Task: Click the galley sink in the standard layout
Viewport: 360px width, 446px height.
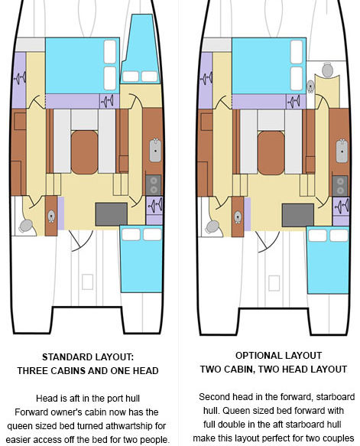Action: [155, 150]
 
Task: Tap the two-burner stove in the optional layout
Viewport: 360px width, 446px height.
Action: [340, 186]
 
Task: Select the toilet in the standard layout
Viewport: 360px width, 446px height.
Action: [26, 226]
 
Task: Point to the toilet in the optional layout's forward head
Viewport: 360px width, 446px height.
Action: [327, 70]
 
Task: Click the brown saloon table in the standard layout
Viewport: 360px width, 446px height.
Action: [84, 152]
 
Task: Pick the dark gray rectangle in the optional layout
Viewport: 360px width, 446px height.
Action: [298, 215]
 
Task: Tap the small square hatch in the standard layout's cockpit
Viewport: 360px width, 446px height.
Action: [87, 282]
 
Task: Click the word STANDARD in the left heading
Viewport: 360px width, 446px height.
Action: [66, 357]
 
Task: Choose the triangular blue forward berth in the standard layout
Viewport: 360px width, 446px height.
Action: [141, 49]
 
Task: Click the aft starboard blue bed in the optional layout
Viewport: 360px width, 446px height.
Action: [328, 260]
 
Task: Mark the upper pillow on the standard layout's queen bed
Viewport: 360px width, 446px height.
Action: [110, 52]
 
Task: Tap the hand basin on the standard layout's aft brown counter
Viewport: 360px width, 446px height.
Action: [51, 216]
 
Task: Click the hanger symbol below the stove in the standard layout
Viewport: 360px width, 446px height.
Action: [154, 205]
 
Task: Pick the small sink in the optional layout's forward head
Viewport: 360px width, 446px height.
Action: [310, 86]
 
